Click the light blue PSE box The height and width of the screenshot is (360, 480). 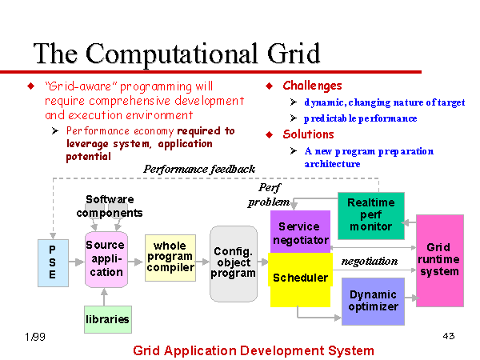pos(53,263)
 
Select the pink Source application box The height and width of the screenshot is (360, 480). pos(106,259)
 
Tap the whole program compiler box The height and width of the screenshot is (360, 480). pos(170,258)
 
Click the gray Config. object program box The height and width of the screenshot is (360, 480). pos(234,264)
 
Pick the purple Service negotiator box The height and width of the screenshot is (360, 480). pos(300,232)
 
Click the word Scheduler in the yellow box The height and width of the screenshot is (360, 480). pos(300,278)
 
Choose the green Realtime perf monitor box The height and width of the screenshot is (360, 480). pos(371,216)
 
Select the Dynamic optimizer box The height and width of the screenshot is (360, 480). pos(373,302)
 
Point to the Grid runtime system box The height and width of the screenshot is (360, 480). pos(440,261)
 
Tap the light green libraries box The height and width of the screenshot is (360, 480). pos(108,319)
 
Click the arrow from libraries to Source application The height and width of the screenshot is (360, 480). pos(104,297)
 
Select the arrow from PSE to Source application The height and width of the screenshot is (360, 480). pos(77,262)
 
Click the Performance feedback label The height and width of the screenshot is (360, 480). pos(199,169)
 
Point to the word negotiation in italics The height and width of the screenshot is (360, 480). pos(370,261)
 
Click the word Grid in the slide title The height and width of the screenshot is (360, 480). pos(294,54)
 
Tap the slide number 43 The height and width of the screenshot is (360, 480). pos(449,336)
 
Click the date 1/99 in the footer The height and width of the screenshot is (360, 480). pos(35,337)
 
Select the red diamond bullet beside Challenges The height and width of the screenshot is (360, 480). pos(270,86)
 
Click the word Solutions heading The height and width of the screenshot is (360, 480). pos(308,134)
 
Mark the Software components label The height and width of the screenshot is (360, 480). pos(110,206)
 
